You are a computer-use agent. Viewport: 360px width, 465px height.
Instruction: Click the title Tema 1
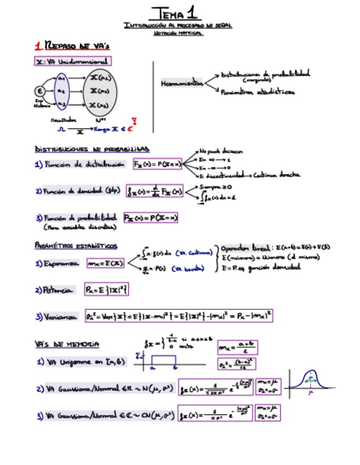(176, 12)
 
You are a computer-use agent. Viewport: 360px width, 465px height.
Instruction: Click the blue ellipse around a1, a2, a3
(61, 91)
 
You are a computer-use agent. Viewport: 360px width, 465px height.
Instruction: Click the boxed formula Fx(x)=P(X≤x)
(157, 164)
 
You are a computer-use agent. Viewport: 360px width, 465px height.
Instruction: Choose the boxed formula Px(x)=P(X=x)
(151, 218)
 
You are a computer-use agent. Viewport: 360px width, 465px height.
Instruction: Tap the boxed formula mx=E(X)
(105, 264)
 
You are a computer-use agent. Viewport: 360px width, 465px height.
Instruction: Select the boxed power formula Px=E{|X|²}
(106, 289)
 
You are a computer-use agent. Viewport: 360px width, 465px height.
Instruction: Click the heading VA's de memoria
(67, 344)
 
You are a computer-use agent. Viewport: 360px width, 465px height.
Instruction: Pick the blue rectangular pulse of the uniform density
(164, 360)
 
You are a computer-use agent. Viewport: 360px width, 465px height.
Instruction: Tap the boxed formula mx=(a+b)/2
(237, 347)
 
